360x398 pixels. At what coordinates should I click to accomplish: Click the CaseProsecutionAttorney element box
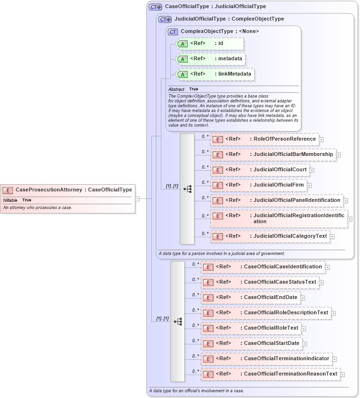(x=67, y=189)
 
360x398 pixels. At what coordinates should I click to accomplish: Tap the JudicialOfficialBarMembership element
(x=273, y=155)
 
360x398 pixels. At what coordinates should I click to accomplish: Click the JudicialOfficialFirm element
(x=259, y=185)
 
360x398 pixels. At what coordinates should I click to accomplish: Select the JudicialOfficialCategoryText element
(x=270, y=236)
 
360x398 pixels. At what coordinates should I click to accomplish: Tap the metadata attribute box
(x=211, y=59)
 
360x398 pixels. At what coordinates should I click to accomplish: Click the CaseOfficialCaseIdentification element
(x=263, y=266)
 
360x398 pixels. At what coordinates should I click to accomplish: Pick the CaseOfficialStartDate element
(x=251, y=343)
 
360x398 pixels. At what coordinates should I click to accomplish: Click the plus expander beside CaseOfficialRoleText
(x=304, y=329)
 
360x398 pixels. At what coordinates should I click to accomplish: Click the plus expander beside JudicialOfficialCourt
(x=312, y=170)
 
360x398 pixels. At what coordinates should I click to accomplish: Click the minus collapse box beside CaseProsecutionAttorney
(x=137, y=199)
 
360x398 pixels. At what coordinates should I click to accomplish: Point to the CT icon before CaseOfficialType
(x=155, y=7)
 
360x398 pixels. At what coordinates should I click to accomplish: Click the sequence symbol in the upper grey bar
(x=187, y=189)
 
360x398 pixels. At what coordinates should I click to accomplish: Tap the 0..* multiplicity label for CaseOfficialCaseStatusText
(x=195, y=279)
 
